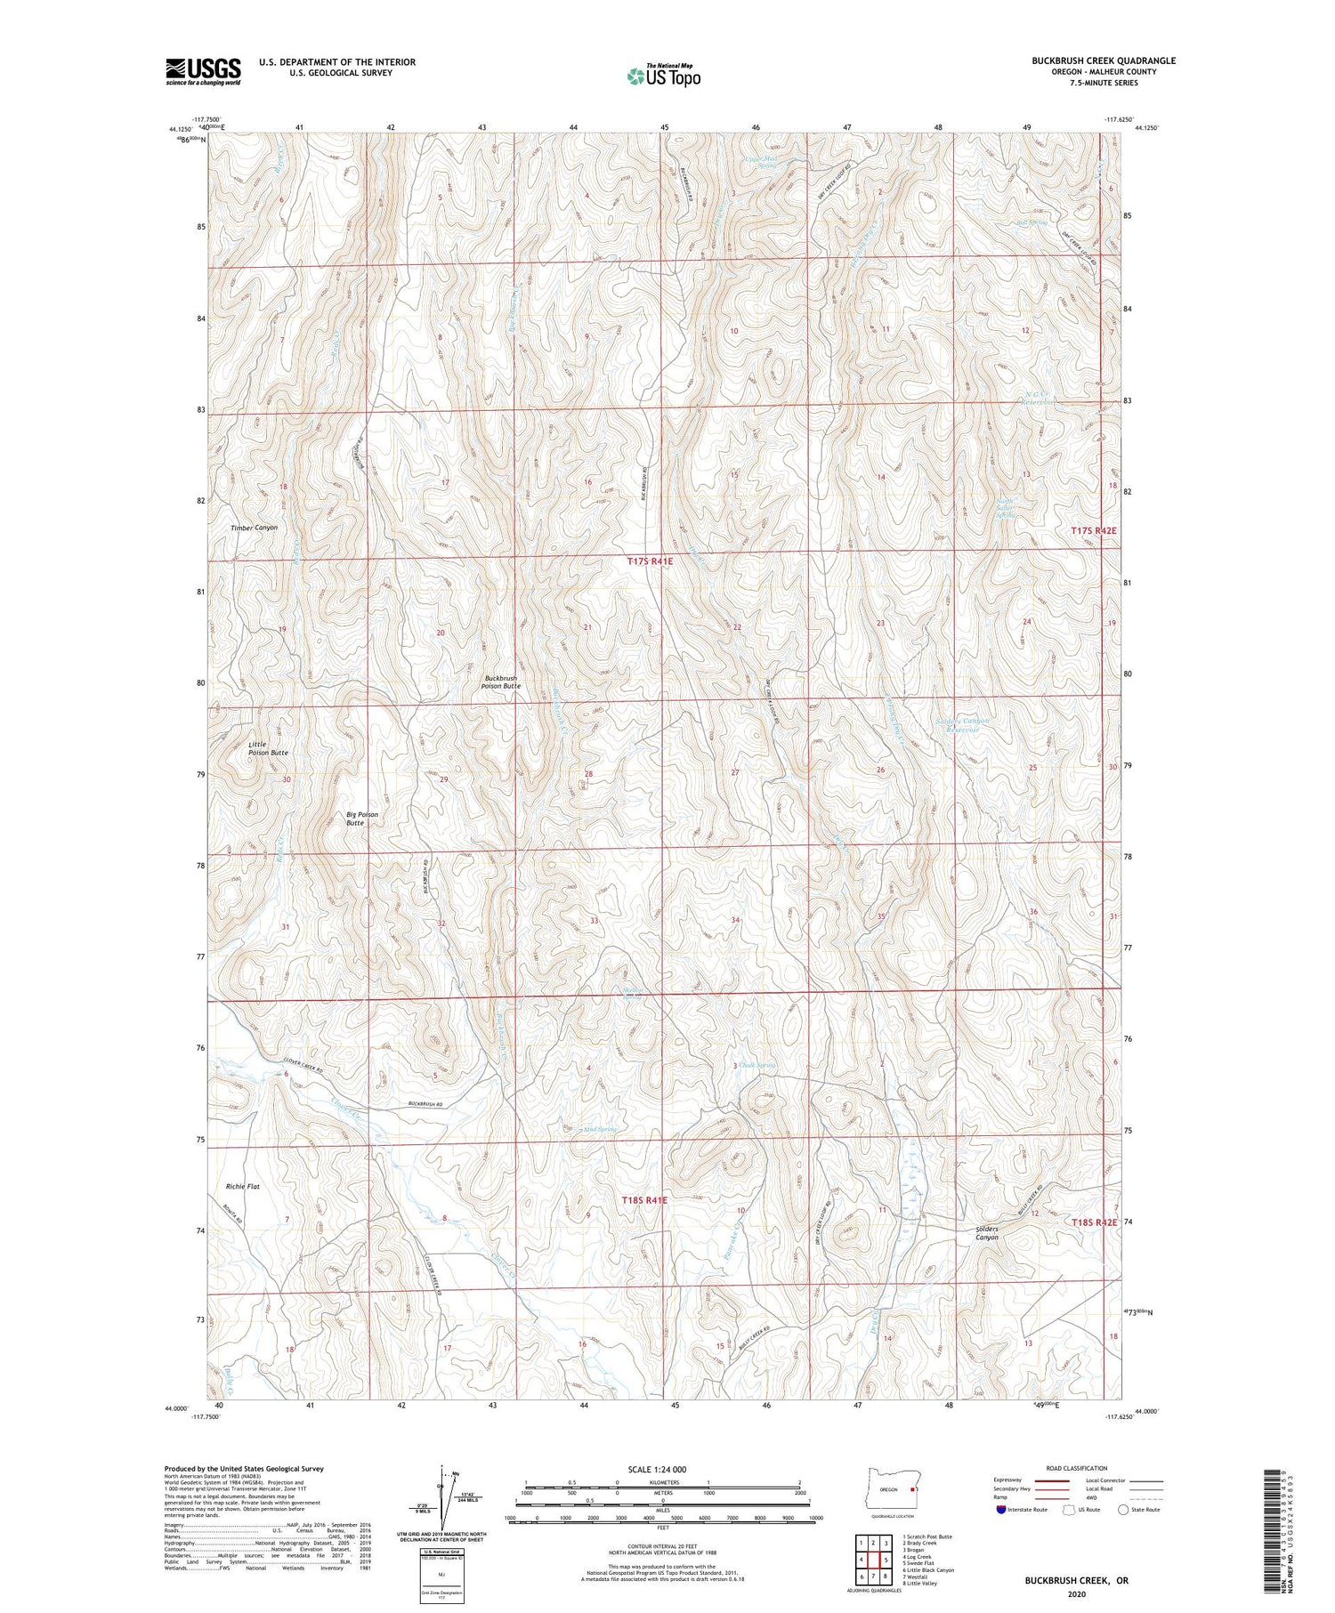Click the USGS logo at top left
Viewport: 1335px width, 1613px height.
pos(203,71)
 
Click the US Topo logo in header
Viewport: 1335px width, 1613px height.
pos(663,77)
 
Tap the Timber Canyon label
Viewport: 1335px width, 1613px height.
pos(254,528)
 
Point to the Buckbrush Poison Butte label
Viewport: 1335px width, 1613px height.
pos(500,682)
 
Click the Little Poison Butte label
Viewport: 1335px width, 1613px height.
pos(268,747)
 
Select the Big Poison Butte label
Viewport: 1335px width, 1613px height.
pos(362,819)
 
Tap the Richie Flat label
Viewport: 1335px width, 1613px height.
pos(242,1186)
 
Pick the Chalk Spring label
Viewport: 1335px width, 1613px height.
pos(758,1065)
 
